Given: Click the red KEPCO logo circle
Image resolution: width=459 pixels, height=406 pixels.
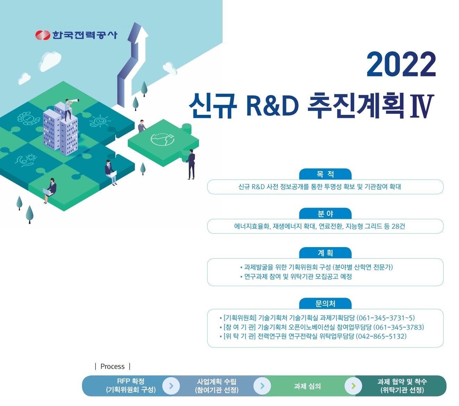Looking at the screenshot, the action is click(43, 35).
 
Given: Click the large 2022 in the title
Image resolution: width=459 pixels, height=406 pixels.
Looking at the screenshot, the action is click(401, 64).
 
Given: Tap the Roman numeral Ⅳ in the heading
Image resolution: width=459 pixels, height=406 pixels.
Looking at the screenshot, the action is click(422, 107).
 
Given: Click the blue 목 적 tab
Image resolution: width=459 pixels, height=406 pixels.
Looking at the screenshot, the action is click(325, 174).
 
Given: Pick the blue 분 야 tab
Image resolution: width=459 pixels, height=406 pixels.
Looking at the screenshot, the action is click(325, 213).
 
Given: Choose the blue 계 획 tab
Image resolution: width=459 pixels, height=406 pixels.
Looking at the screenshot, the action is click(325, 253).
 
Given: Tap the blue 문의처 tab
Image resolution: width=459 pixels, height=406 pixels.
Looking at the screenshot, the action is click(325, 303).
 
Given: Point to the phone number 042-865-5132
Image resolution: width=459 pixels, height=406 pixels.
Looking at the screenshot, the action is click(381, 336).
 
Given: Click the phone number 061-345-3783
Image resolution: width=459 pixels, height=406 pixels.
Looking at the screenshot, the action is click(399, 327).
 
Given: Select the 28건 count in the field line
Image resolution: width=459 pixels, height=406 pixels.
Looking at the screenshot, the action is click(398, 226).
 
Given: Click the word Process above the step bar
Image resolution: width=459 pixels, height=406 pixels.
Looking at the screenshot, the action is click(112, 366).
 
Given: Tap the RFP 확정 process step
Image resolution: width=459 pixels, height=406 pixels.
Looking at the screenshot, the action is click(131, 386).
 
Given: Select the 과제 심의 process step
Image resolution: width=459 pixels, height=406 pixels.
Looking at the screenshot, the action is click(307, 386).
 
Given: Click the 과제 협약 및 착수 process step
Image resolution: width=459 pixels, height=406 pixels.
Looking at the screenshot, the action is click(402, 386).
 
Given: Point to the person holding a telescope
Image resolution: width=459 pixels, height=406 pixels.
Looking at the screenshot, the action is click(69, 110).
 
